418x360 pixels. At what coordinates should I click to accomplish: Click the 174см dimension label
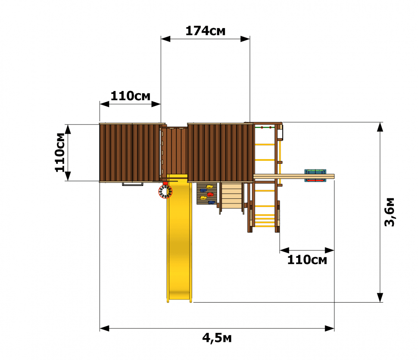[x=205, y=31]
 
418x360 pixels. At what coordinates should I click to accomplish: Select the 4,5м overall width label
[x=217, y=338]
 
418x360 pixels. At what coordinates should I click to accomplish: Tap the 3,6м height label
[x=390, y=212]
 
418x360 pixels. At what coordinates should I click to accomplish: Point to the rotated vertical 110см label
[x=60, y=153]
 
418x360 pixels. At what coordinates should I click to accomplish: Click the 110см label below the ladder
[x=307, y=260]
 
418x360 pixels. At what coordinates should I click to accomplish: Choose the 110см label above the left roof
[x=131, y=96]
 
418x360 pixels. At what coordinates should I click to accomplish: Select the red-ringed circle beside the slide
[x=165, y=191]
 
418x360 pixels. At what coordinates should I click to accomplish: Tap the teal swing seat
[x=315, y=175]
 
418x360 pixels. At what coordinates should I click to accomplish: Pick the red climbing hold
[x=210, y=194]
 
